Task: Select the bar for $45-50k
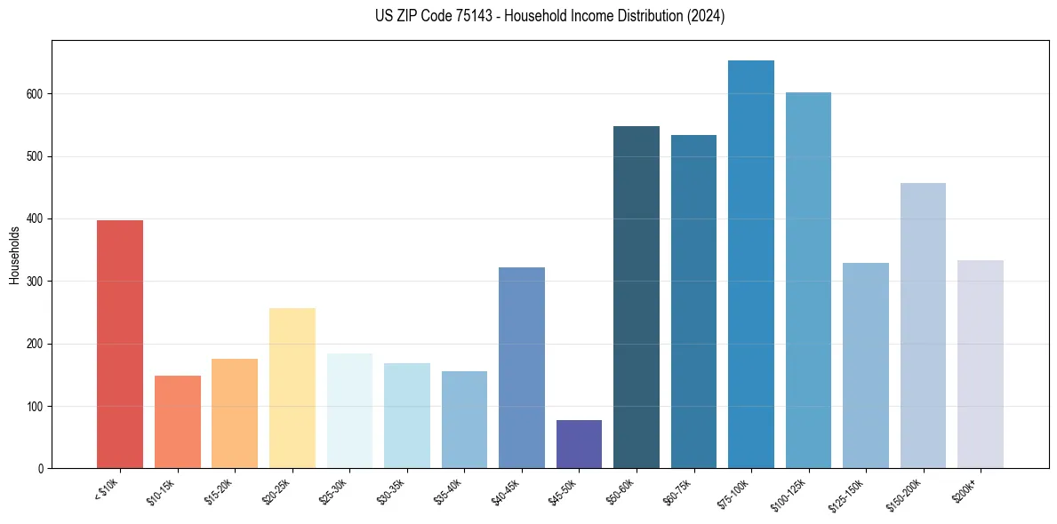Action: pos(579,444)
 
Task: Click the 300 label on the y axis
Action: pos(39,282)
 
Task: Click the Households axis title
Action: pos(14,255)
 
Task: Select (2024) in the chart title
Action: pos(707,16)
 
